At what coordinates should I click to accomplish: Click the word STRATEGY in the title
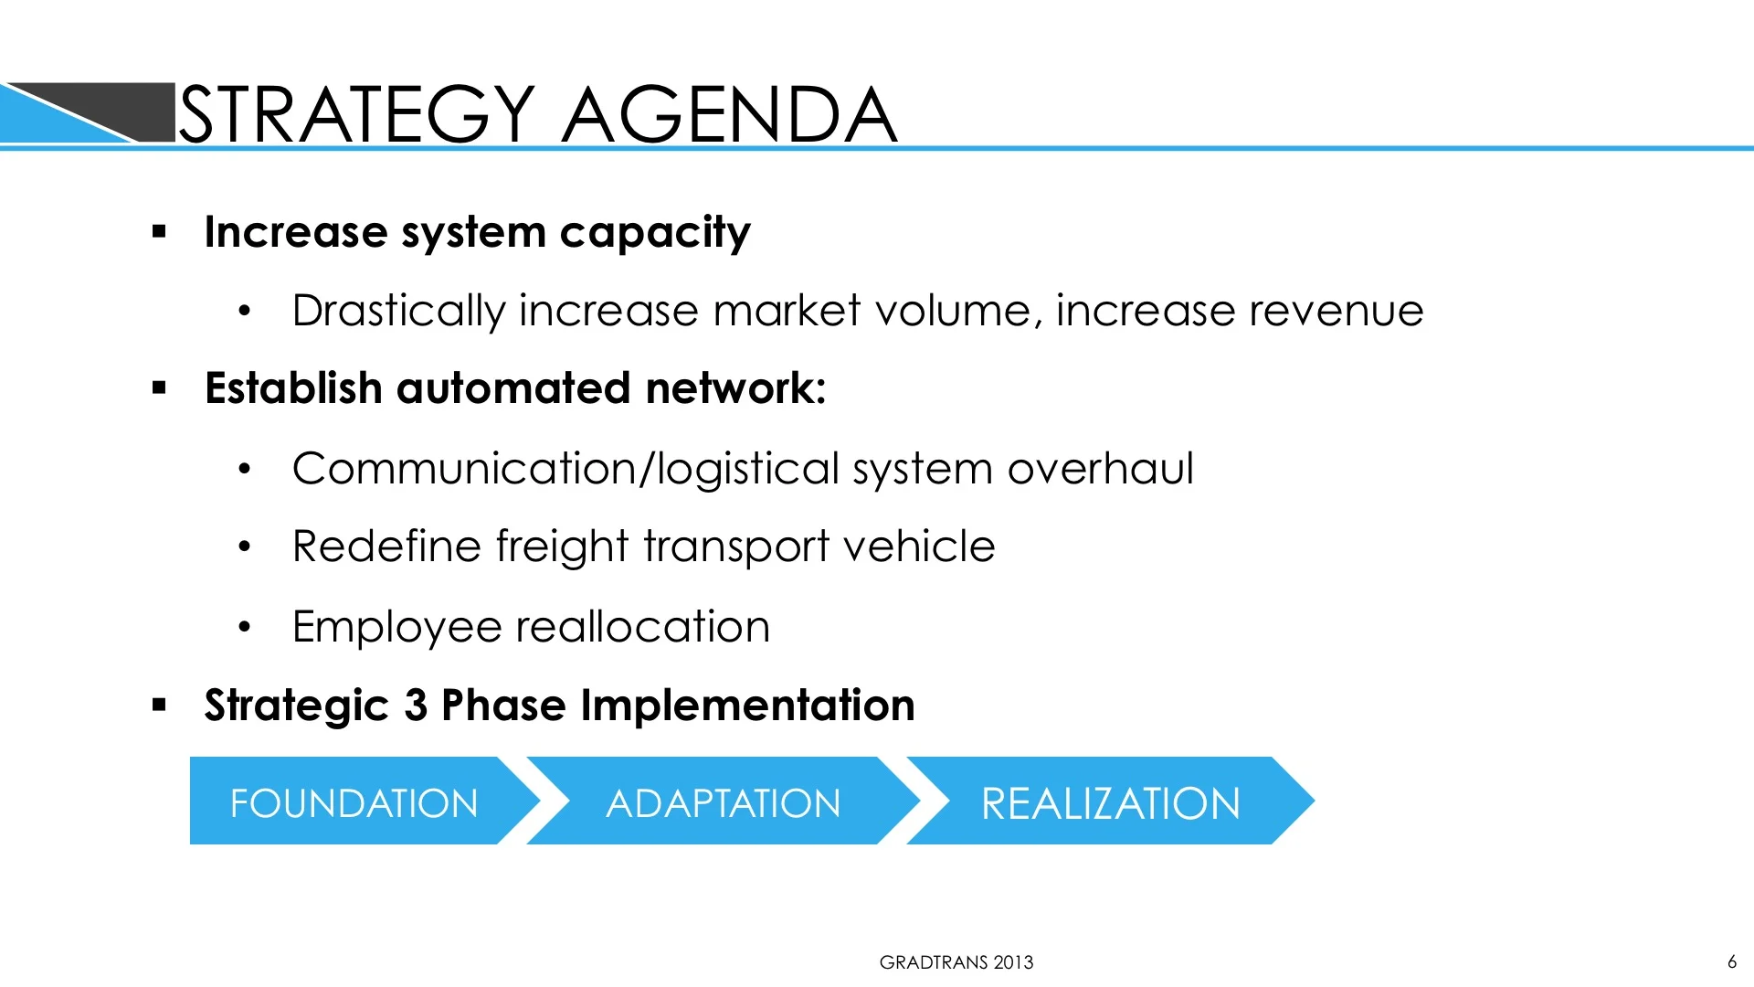(x=356, y=114)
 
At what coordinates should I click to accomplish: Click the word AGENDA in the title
(x=729, y=114)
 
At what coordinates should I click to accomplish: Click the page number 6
(x=1731, y=961)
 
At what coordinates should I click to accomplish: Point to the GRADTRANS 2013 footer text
(x=956, y=962)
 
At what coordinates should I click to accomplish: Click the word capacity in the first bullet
(x=655, y=233)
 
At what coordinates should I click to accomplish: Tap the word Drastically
(x=398, y=312)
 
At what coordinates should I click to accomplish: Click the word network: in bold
(x=735, y=388)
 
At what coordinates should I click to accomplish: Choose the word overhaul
(x=1100, y=469)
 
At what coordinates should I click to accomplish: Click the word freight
(x=563, y=547)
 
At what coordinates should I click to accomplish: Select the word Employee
(x=397, y=628)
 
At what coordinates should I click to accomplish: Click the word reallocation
(x=643, y=628)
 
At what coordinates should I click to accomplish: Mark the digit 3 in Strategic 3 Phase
(x=416, y=706)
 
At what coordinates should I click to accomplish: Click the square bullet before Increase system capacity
(x=160, y=232)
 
